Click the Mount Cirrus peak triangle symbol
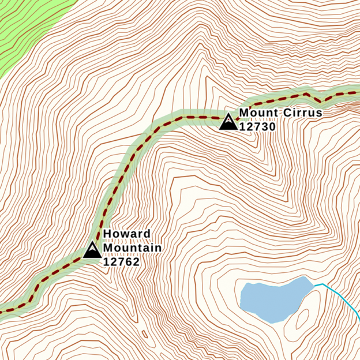coord(228,122)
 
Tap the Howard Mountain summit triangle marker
coord(92,250)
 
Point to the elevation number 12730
coord(257,127)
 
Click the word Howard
coord(119,234)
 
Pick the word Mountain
coord(132,248)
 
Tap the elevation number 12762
coord(121,261)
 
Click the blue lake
coord(271,300)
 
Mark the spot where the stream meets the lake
coord(314,284)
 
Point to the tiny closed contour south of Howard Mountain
coord(145,333)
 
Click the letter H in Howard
coord(107,234)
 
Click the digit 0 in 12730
coord(272,127)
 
